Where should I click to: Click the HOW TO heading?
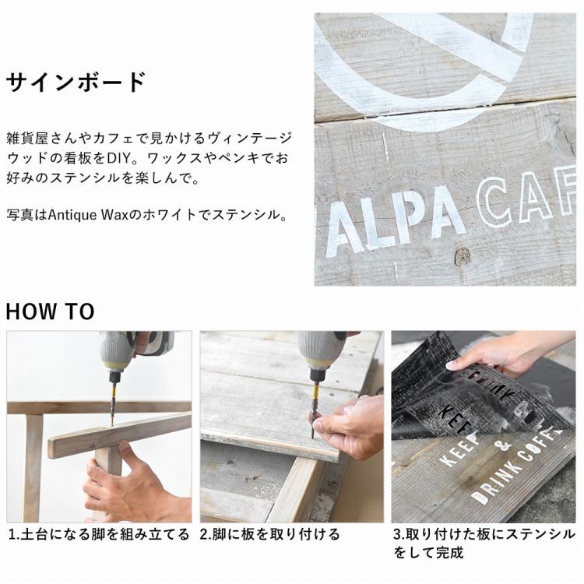pos(50,312)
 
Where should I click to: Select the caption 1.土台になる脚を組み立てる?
pos(99,534)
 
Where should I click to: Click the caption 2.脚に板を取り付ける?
pos(270,534)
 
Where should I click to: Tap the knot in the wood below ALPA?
pos(463,255)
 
